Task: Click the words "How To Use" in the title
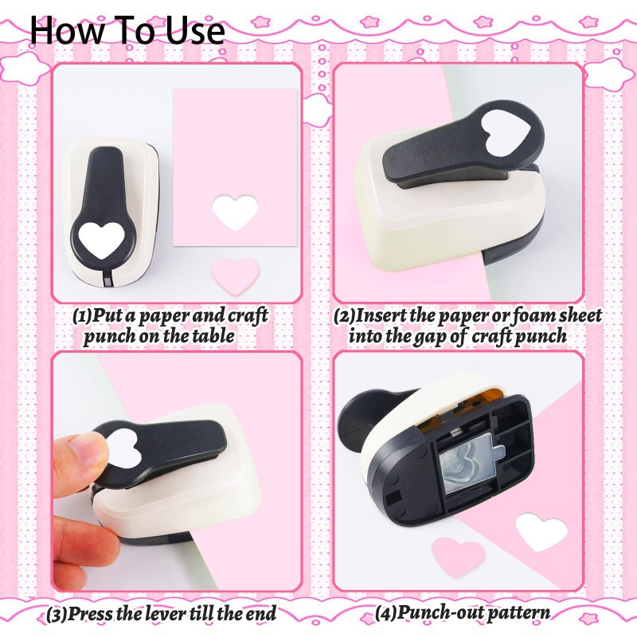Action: (127, 29)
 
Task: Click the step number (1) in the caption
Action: (82, 315)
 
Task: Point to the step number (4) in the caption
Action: (386, 614)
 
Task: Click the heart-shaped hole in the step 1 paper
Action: (236, 212)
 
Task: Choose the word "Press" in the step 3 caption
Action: (92, 613)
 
